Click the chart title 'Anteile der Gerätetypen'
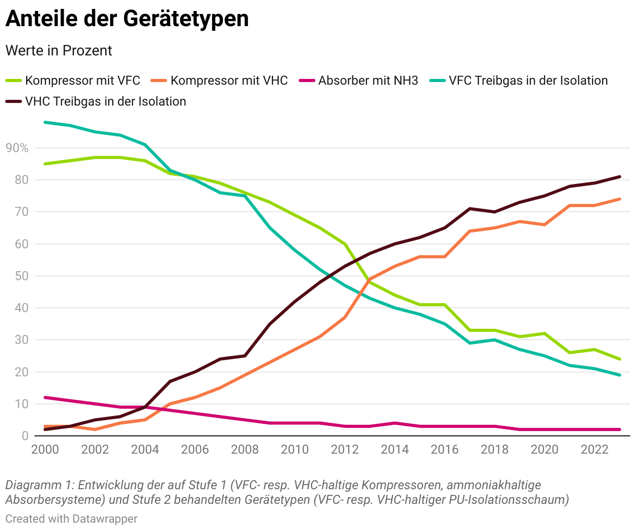tap(127, 19)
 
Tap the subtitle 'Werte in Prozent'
tap(58, 51)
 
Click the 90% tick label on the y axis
tap(17, 148)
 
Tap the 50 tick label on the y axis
tap(21, 276)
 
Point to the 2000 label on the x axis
tap(45, 449)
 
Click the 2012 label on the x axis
tap(345, 449)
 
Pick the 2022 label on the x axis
tap(595, 449)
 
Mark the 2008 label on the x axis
tap(245, 449)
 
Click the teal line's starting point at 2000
tap(45, 122)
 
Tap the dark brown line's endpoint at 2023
tap(620, 177)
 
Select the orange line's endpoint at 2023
tap(620, 199)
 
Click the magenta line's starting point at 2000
tap(45, 397)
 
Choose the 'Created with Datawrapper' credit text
tap(72, 519)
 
